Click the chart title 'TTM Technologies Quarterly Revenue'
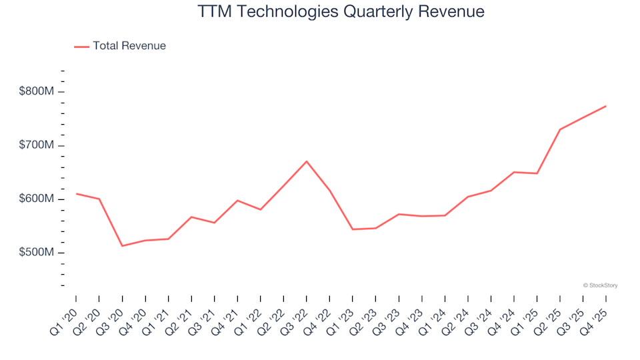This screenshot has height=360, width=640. (x=341, y=12)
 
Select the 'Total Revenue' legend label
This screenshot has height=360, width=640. (x=129, y=46)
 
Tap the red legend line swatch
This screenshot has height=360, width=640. (x=81, y=47)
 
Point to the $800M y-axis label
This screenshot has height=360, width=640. (x=37, y=91)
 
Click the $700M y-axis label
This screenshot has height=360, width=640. (x=37, y=145)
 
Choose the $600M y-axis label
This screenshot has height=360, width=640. (x=37, y=199)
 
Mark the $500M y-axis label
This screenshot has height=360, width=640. (x=37, y=253)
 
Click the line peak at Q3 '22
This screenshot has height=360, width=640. (x=307, y=161)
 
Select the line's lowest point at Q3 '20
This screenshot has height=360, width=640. (x=122, y=246)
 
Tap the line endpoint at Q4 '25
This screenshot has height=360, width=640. (x=605, y=106)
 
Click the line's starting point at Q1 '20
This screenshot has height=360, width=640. (x=76, y=193)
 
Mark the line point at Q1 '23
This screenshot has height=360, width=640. (x=353, y=229)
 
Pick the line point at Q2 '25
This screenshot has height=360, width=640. (x=559, y=129)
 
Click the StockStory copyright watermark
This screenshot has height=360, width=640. (x=600, y=285)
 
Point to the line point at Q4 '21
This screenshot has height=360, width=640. (x=237, y=200)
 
